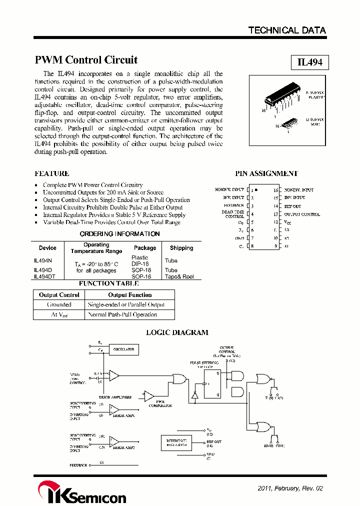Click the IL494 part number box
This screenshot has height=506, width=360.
pyautogui.click(x=309, y=62)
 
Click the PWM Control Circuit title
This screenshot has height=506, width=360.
pyautogui.click(x=86, y=60)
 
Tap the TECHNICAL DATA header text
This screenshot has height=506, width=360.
pyautogui.click(x=287, y=30)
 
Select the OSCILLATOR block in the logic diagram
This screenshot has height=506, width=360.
pyautogui.click(x=123, y=350)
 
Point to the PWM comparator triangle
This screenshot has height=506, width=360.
pyautogui.click(x=148, y=395)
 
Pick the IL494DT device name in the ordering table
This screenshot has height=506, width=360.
pyautogui.click(x=44, y=276)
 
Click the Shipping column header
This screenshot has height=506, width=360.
pyautogui.click(x=181, y=248)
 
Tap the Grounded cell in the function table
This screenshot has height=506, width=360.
pyautogui.click(x=59, y=304)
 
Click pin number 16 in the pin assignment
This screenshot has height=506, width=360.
pyautogui.click(x=275, y=190)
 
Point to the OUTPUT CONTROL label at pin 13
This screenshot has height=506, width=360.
pyautogui.click(x=302, y=214)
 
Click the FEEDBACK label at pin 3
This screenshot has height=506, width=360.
pyautogui.click(x=233, y=205)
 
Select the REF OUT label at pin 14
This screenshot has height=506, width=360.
pyautogui.click(x=292, y=206)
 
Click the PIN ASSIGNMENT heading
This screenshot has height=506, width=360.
pyautogui.click(x=266, y=173)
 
